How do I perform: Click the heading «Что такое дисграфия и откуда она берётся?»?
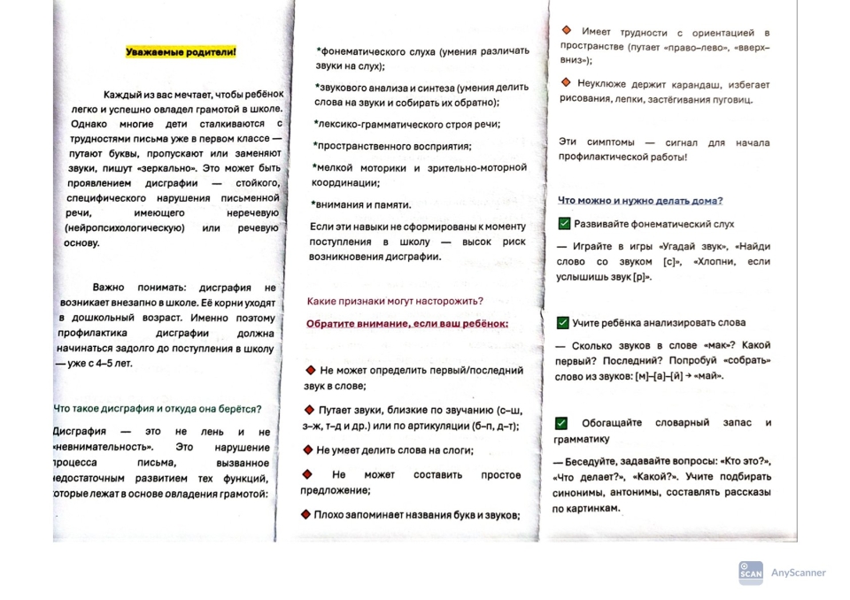coord(157,409)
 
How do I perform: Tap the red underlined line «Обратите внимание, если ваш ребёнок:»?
coord(407,324)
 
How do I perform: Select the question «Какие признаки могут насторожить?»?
coord(395,301)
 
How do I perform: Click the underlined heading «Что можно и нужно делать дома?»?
coord(639,201)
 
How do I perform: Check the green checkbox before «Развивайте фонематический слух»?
coord(564,224)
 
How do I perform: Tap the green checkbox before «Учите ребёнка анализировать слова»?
coord(561,323)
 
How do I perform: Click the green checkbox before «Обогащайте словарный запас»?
coord(561,423)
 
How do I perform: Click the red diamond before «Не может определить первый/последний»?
coord(310,370)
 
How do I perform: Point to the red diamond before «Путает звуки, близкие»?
coord(310,410)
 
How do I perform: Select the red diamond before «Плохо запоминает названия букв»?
coord(306,514)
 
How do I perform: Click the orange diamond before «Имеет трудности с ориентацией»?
coord(566,31)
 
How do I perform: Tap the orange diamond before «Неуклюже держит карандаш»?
coord(566,83)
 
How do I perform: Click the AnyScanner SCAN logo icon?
coord(750,573)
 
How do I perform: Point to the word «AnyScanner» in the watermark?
coord(798,573)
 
